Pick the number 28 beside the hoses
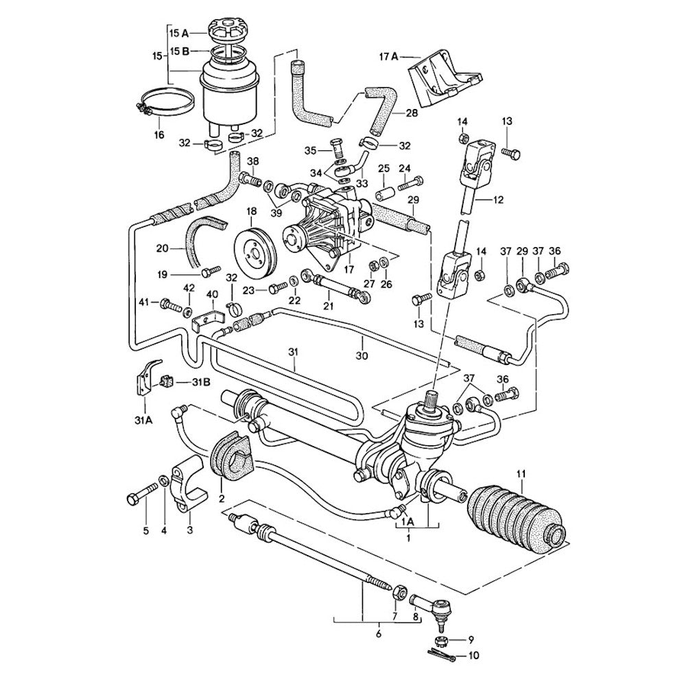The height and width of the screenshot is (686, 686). click(412, 113)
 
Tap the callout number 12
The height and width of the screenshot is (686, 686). click(499, 200)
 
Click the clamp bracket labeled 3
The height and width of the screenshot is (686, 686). click(188, 484)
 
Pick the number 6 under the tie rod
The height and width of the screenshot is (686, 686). click(378, 635)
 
